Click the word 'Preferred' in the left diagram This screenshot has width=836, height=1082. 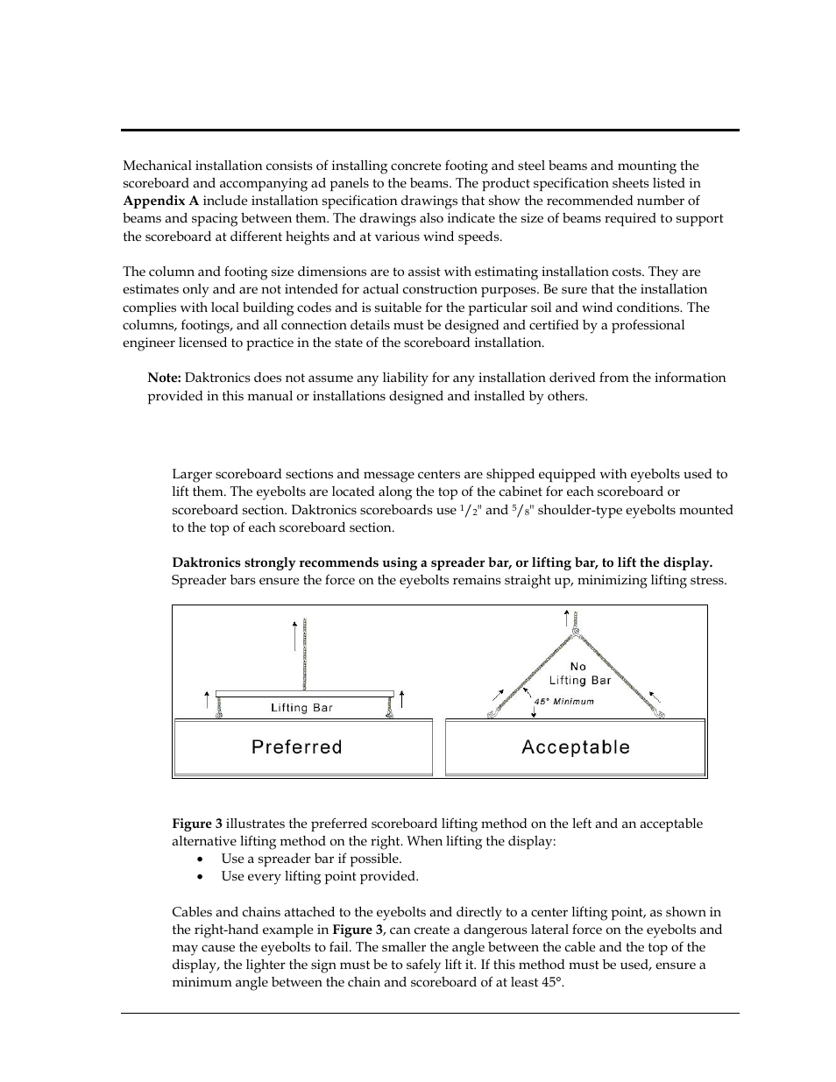[296, 747]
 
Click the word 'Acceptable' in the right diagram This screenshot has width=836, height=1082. [576, 747]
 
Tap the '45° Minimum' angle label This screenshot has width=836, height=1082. [564, 701]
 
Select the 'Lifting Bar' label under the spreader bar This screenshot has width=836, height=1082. [301, 708]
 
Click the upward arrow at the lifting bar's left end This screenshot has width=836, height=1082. [207, 699]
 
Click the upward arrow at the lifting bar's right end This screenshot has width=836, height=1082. [401, 699]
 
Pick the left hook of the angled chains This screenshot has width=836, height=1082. [492, 714]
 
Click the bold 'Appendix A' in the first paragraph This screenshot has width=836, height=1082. [160, 202]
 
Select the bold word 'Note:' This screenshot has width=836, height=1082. [164, 378]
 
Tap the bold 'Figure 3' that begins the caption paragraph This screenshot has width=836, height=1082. [197, 824]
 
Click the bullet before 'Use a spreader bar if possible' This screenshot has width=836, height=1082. [201, 859]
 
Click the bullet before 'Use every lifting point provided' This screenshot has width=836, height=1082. [201, 877]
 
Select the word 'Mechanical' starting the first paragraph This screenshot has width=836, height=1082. [154, 166]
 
